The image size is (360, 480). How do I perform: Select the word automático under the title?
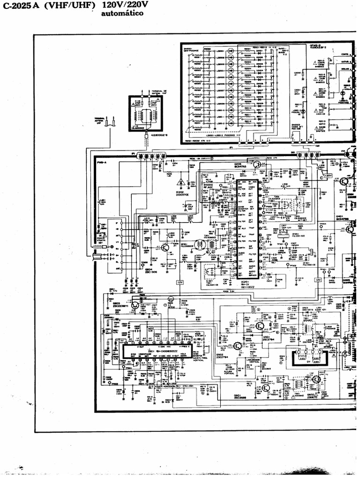click(122, 14)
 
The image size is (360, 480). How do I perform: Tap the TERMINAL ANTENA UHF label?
click(99, 121)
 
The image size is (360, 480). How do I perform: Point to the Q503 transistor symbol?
click(135, 305)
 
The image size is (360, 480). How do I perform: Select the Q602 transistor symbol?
click(317, 379)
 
